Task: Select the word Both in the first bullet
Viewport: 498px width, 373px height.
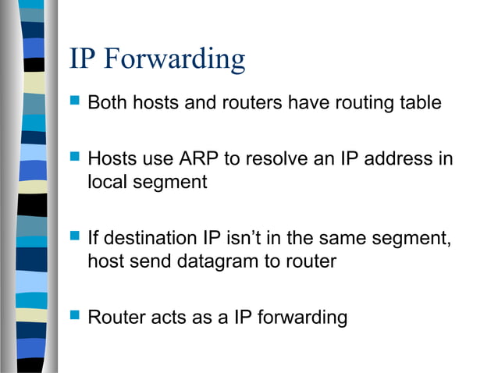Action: click(108, 102)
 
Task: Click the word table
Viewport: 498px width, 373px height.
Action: click(422, 102)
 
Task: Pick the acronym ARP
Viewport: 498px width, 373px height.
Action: click(197, 159)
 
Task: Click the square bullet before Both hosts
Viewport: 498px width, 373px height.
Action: click(75, 101)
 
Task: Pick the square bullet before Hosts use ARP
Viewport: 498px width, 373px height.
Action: click(75, 158)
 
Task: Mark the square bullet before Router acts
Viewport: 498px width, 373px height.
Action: click(75, 317)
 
